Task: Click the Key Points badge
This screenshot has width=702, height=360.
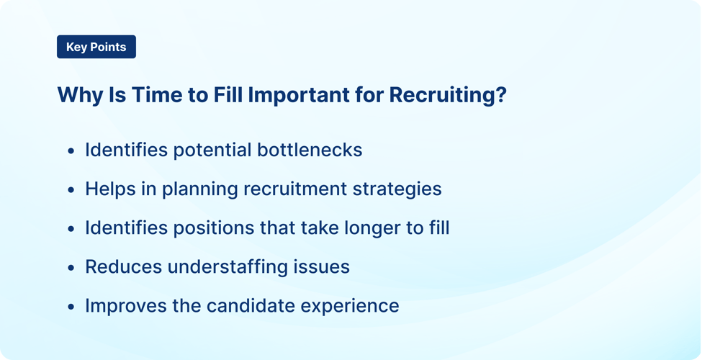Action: point(96,47)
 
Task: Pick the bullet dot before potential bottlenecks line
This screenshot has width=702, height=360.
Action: point(71,151)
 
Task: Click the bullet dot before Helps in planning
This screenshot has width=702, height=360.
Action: point(71,190)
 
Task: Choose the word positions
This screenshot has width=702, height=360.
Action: point(199,228)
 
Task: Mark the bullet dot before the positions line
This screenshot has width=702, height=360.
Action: point(71,229)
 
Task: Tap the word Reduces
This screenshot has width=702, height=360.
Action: point(123,266)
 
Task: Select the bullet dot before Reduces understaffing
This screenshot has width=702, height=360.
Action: point(71,268)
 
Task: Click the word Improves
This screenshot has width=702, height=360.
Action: point(126,305)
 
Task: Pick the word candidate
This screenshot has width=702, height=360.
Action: point(250,305)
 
